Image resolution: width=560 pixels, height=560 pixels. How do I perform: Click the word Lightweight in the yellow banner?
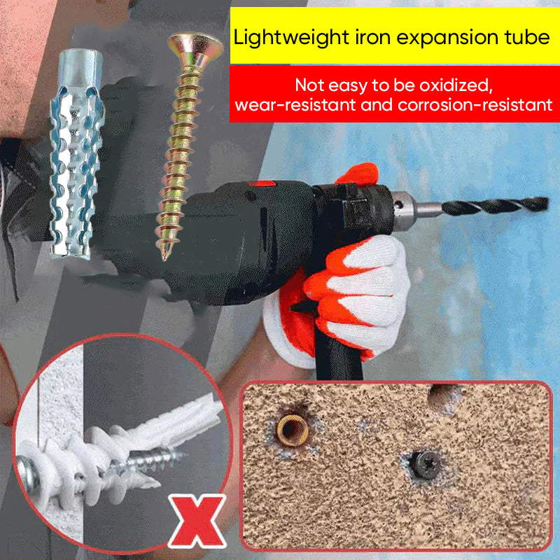click(291, 38)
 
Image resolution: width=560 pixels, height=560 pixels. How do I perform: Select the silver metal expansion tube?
click(77, 153)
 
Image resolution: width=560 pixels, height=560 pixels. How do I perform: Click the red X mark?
click(197, 521)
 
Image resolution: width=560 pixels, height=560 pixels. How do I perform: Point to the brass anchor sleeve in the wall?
click(292, 430)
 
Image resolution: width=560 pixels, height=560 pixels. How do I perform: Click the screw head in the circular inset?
click(28, 474)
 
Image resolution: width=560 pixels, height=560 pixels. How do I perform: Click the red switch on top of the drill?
click(262, 184)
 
